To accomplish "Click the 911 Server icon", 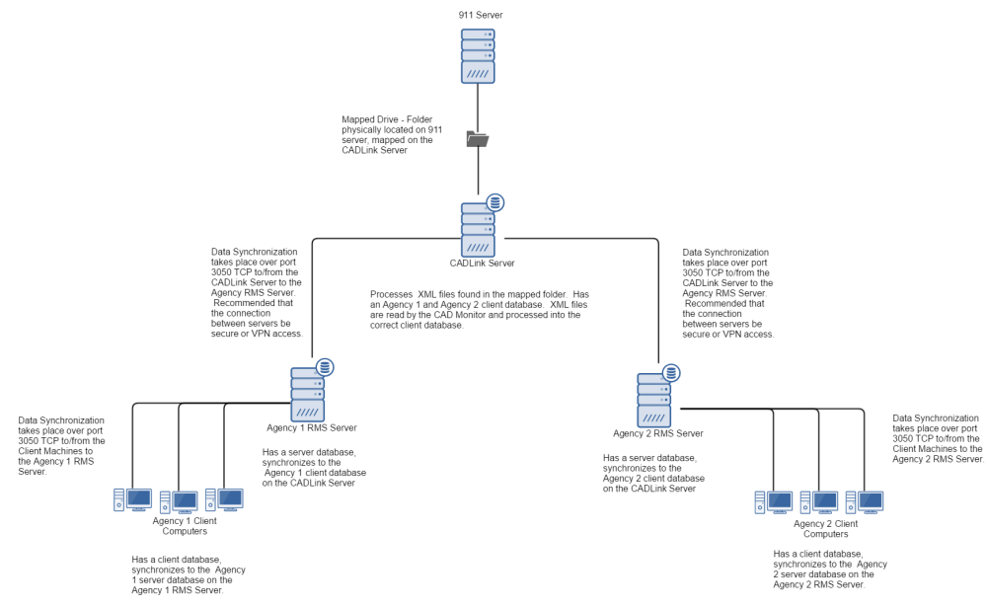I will [478, 55].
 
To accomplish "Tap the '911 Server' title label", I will [478, 15].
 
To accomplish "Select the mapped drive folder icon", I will [478, 139].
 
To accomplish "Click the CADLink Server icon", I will [479, 229].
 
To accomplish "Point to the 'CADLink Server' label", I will [479, 264].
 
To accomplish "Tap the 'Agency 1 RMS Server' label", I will [312, 428].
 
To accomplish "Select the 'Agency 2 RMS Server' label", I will [658, 433].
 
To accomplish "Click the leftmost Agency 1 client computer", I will [132, 500].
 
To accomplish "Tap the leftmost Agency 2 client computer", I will [774, 502].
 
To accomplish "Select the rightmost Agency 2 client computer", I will [865, 502].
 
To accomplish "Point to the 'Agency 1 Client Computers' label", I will [185, 526].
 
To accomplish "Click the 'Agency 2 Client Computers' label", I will [826, 528].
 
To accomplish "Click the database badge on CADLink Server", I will [495, 203].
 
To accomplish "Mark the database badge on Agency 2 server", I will [672, 373].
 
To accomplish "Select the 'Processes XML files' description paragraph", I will [480, 310].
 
